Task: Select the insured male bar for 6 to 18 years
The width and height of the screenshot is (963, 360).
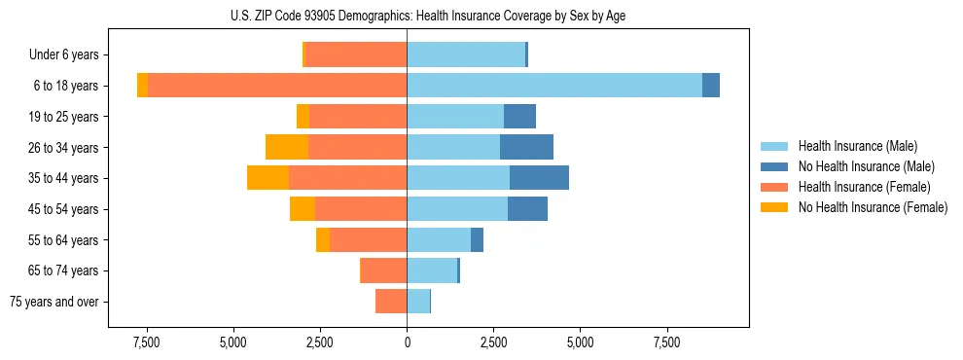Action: tap(554, 86)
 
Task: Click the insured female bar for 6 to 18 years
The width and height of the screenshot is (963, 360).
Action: tap(277, 86)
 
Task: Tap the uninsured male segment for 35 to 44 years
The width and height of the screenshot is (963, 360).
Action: tap(539, 178)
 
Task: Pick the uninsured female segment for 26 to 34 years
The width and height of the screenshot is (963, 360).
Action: tap(287, 147)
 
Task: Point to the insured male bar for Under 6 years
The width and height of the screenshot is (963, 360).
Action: tap(466, 54)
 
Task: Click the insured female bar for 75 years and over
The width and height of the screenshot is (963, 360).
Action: tap(391, 302)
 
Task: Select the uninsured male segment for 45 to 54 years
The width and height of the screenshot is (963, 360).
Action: tap(527, 209)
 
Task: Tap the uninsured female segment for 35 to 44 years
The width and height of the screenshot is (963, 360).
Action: tap(267, 178)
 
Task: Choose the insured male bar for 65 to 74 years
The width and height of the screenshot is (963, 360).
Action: tap(432, 270)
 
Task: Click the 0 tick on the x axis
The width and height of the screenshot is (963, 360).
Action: tap(407, 342)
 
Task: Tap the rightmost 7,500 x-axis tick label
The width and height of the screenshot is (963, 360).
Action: tap(666, 342)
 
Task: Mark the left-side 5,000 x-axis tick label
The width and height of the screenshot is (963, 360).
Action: tap(233, 342)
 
